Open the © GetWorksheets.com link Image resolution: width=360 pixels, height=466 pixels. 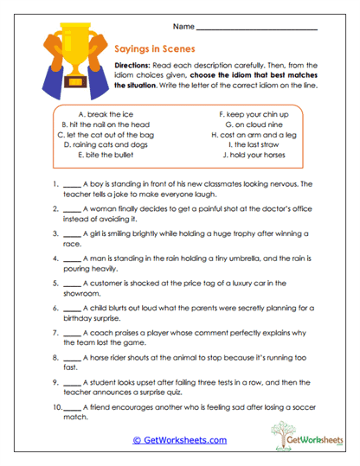pyautogui.click(x=180, y=440)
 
